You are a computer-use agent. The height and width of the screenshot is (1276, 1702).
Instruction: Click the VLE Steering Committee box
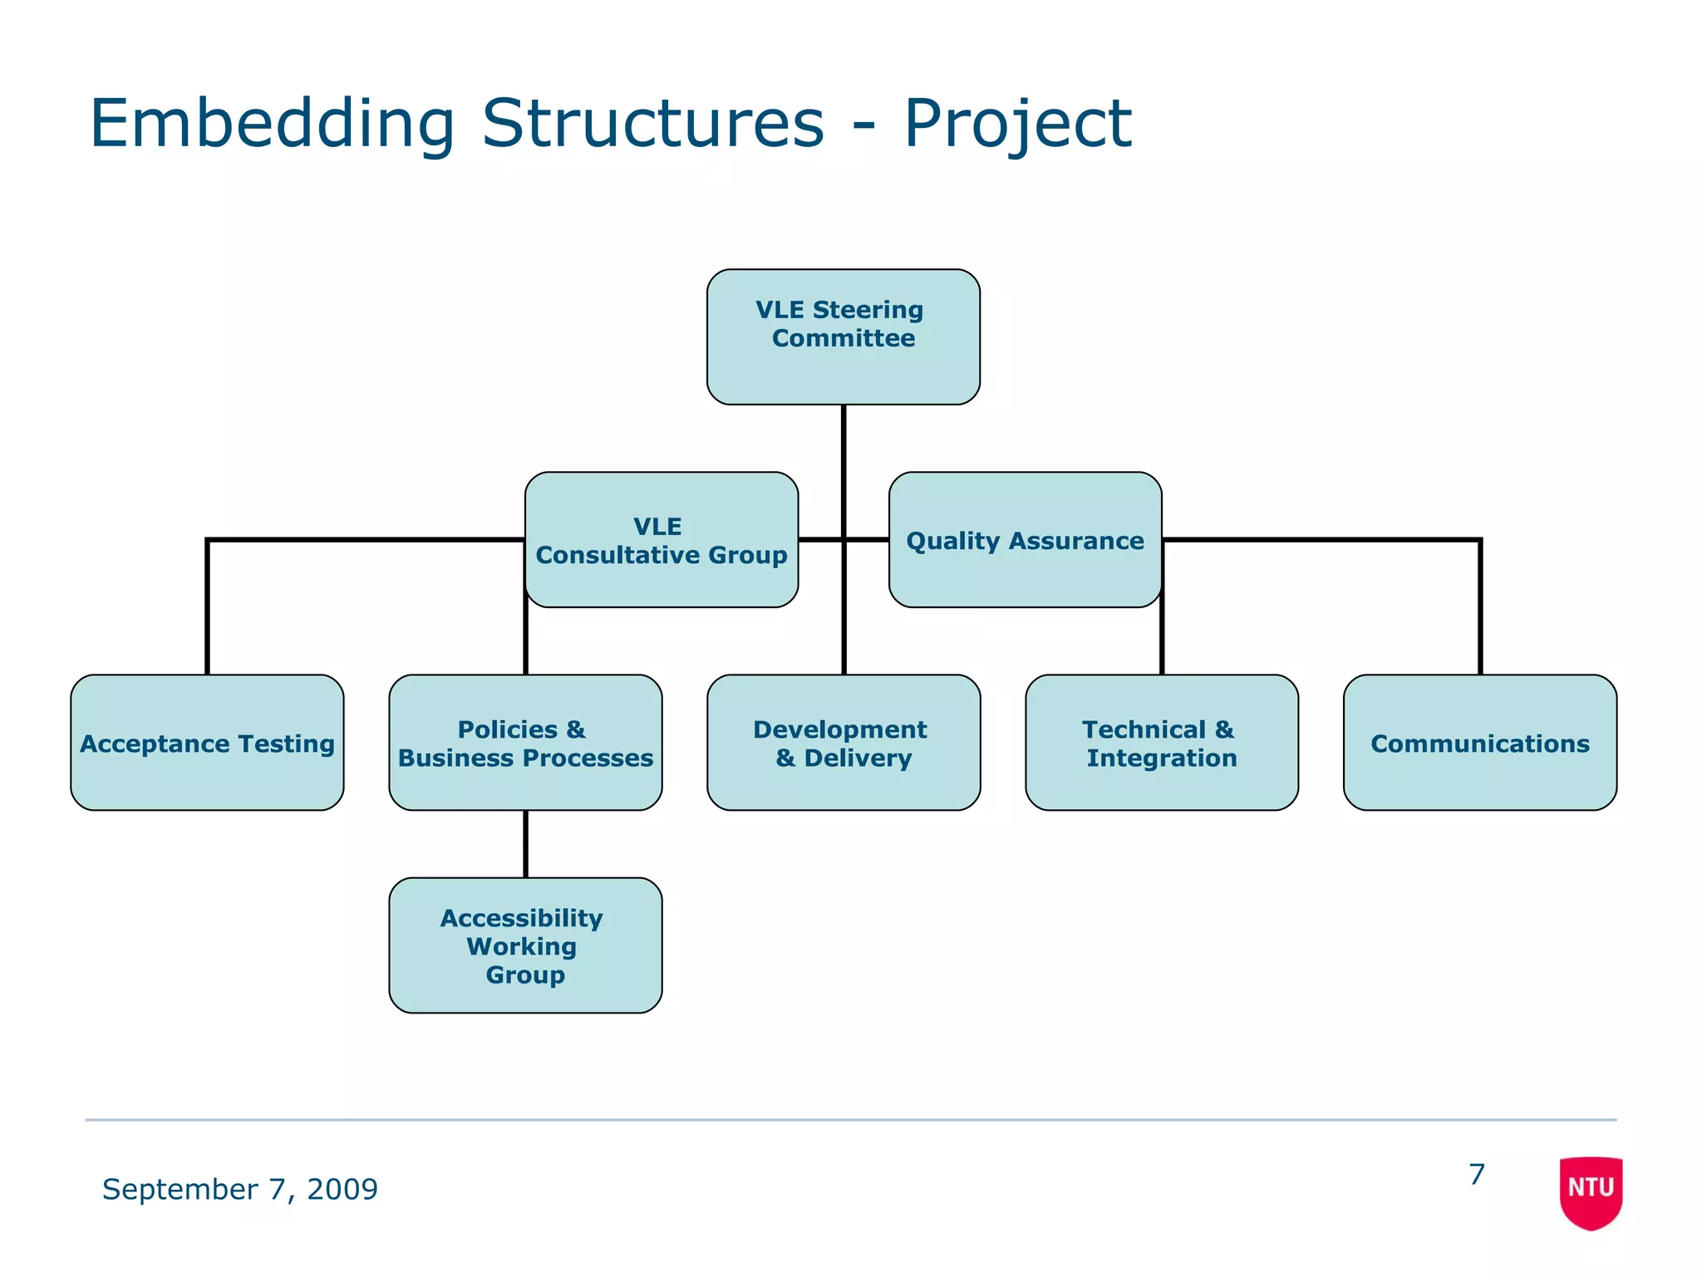pos(843,336)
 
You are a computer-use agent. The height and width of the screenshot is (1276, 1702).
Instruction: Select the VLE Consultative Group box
pos(662,540)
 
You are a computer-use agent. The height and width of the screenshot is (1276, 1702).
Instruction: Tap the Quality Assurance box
pos(1025,540)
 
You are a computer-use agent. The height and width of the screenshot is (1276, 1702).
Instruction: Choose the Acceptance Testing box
pos(207,743)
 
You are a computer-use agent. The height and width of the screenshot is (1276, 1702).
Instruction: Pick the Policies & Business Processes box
pos(525,743)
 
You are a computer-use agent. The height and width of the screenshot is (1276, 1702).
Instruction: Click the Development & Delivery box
pos(843,743)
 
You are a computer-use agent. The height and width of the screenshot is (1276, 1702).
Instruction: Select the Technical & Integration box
pos(1161,743)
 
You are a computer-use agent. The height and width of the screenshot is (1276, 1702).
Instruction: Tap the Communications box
pos(1479,743)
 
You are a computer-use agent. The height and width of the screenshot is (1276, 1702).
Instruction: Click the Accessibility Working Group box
pos(525,945)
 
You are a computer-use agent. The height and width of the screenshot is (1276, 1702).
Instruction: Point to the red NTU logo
pos(1591,1191)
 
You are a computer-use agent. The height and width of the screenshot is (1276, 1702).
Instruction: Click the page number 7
pos(1476,1175)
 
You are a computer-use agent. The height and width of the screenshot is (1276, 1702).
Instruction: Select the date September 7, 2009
pos(239,1189)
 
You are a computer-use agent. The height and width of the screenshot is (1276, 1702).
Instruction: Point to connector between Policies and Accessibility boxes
pos(525,843)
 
